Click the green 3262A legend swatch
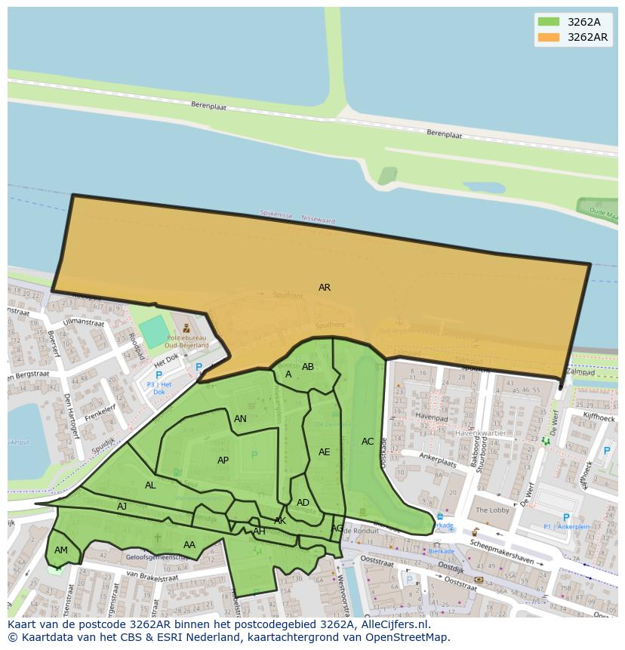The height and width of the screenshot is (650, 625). point(549,22)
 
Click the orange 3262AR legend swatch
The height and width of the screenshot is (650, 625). point(549,37)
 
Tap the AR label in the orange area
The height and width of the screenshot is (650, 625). point(325,288)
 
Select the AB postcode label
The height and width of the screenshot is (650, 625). point(308,367)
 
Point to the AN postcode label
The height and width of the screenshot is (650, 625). point(240,419)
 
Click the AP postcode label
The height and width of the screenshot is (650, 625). point(223,461)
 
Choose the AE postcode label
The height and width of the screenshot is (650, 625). point(325,452)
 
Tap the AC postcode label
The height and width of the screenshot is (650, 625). point(368,442)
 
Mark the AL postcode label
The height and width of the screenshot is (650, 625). point(150,485)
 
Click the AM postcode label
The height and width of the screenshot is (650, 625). point(61,550)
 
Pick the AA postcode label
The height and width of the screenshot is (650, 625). point(189,545)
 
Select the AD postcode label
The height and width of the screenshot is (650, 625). point(303,503)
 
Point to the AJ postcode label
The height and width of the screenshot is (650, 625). point(122,507)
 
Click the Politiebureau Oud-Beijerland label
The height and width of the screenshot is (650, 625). point(187,341)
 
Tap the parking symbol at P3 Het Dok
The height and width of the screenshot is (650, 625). point(159,375)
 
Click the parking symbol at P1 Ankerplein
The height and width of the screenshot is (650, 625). point(566,518)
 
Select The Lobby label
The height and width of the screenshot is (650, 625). point(492,510)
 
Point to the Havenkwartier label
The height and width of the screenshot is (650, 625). point(480,433)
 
